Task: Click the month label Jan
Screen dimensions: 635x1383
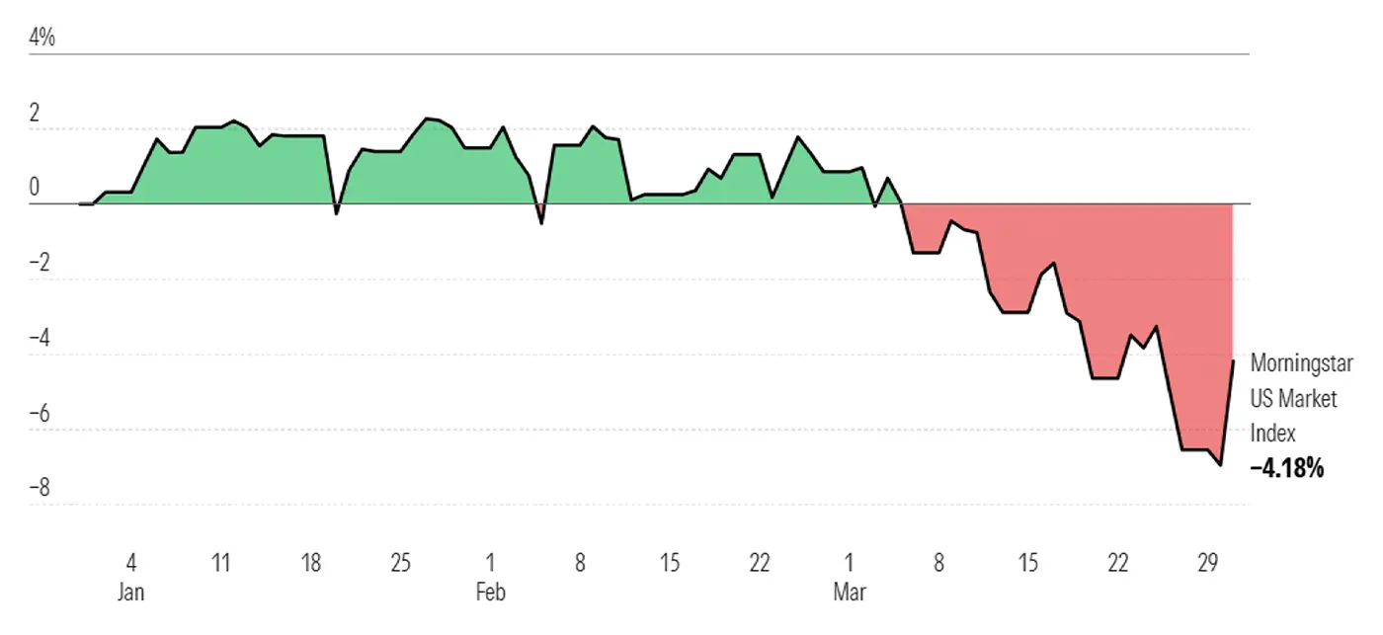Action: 131,592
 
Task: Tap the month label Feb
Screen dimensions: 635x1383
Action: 490,592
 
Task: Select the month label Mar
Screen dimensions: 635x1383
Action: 850,592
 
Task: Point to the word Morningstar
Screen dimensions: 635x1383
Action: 1301,362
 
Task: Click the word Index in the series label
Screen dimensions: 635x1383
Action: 1272,434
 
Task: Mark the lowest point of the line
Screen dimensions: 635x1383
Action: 1221,464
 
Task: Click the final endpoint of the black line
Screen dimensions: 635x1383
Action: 1233,361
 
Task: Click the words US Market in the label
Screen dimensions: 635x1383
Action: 1293,398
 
